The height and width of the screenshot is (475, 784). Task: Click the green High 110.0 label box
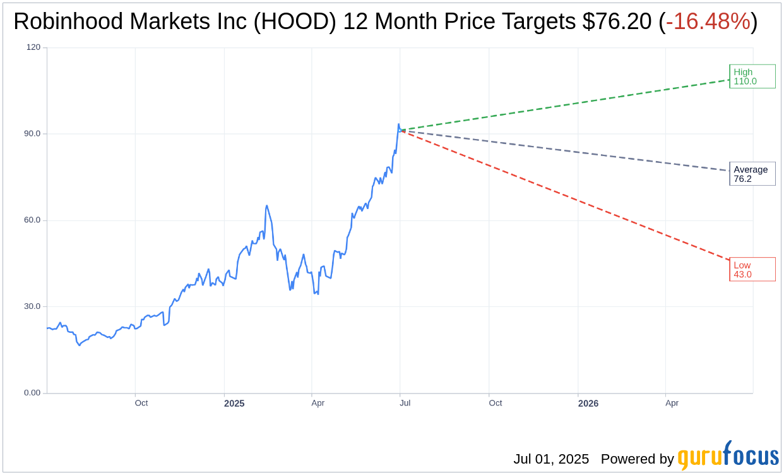pyautogui.click(x=752, y=76)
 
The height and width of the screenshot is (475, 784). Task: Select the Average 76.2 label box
pyautogui.click(x=752, y=174)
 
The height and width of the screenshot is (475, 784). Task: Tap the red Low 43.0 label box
pyautogui.click(x=752, y=270)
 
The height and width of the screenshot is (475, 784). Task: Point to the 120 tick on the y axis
pyautogui.click(x=33, y=47)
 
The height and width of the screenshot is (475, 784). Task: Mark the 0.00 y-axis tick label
pyautogui.click(x=32, y=393)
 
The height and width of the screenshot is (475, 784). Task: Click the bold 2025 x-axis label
pyautogui.click(x=234, y=403)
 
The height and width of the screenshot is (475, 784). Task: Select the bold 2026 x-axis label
pyautogui.click(x=588, y=403)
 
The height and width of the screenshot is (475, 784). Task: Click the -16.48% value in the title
pyautogui.click(x=708, y=22)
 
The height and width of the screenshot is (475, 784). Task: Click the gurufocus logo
pyautogui.click(x=728, y=456)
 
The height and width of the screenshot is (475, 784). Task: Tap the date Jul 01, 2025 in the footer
pyautogui.click(x=551, y=459)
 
